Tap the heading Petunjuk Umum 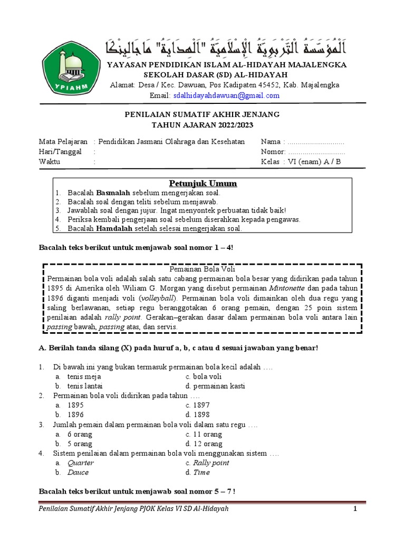click(x=203, y=184)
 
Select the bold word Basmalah click(x=113, y=193)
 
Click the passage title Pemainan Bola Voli click(x=202, y=269)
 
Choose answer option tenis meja click(x=84, y=377)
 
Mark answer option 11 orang click(x=207, y=435)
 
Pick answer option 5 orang click(x=80, y=444)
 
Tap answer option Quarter click(x=81, y=463)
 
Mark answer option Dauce click(x=78, y=472)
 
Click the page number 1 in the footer click(x=355, y=508)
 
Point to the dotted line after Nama click(x=316, y=142)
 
